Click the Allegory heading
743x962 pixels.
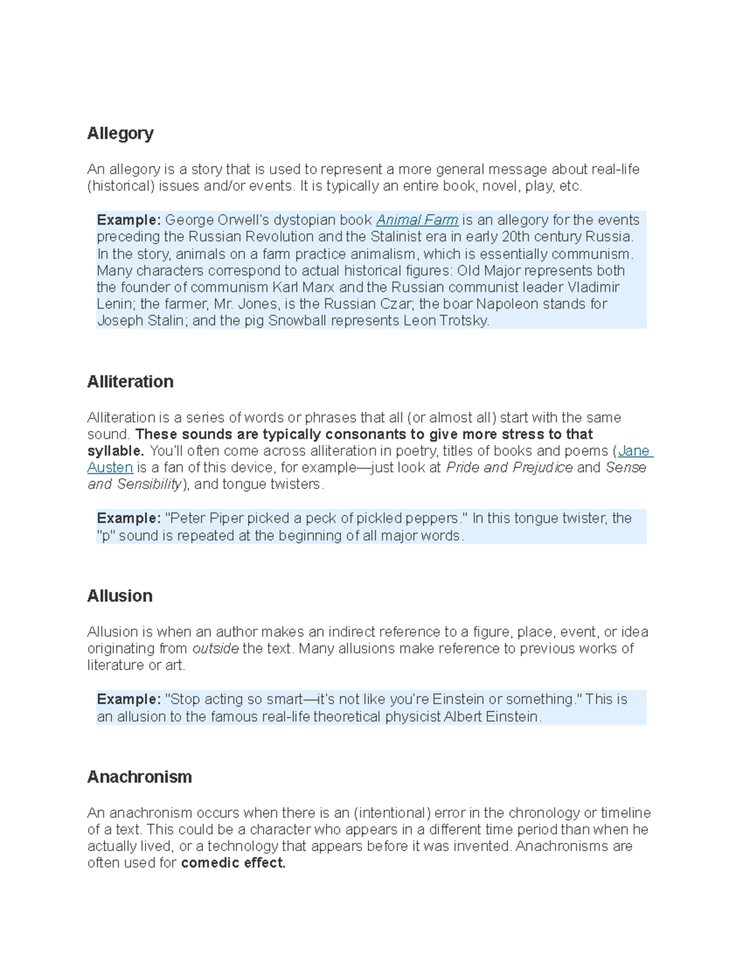point(120,133)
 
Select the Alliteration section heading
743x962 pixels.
point(130,382)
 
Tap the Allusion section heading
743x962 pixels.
point(119,596)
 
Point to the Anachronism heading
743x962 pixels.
point(139,777)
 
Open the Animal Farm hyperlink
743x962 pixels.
point(417,220)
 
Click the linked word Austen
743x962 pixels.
point(110,468)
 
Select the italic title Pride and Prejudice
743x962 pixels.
point(509,468)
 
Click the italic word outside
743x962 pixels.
point(215,649)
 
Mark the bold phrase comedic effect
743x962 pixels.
point(233,863)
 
